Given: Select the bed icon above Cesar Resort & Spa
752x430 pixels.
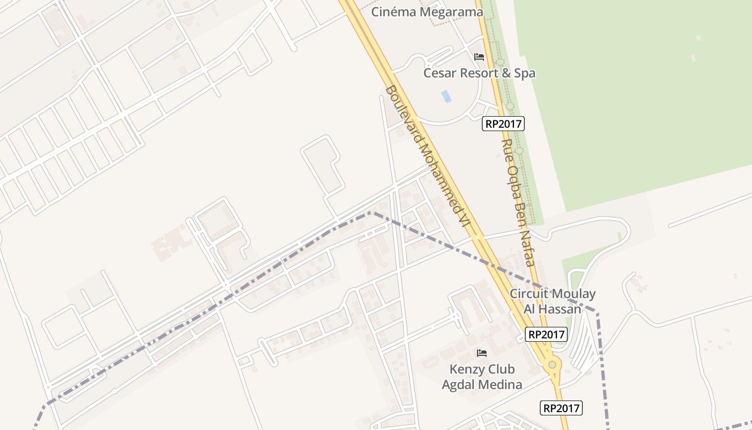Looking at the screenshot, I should [x=479, y=56].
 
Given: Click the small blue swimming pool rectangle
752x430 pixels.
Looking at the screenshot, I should [x=446, y=96].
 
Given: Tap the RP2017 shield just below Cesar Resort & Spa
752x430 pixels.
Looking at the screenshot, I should [x=503, y=124].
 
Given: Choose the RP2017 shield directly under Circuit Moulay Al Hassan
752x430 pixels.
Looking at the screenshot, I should [x=546, y=334].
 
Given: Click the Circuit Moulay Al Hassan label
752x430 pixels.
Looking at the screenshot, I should [x=553, y=301].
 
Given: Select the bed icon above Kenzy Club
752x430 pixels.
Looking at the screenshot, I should [x=482, y=353].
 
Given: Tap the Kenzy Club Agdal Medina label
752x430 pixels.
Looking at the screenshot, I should [x=482, y=377].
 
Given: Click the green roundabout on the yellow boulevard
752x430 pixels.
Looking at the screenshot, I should [x=552, y=365].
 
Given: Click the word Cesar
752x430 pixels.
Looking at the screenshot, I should [x=439, y=73].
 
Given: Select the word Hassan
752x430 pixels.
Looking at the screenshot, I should [x=560, y=309].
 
